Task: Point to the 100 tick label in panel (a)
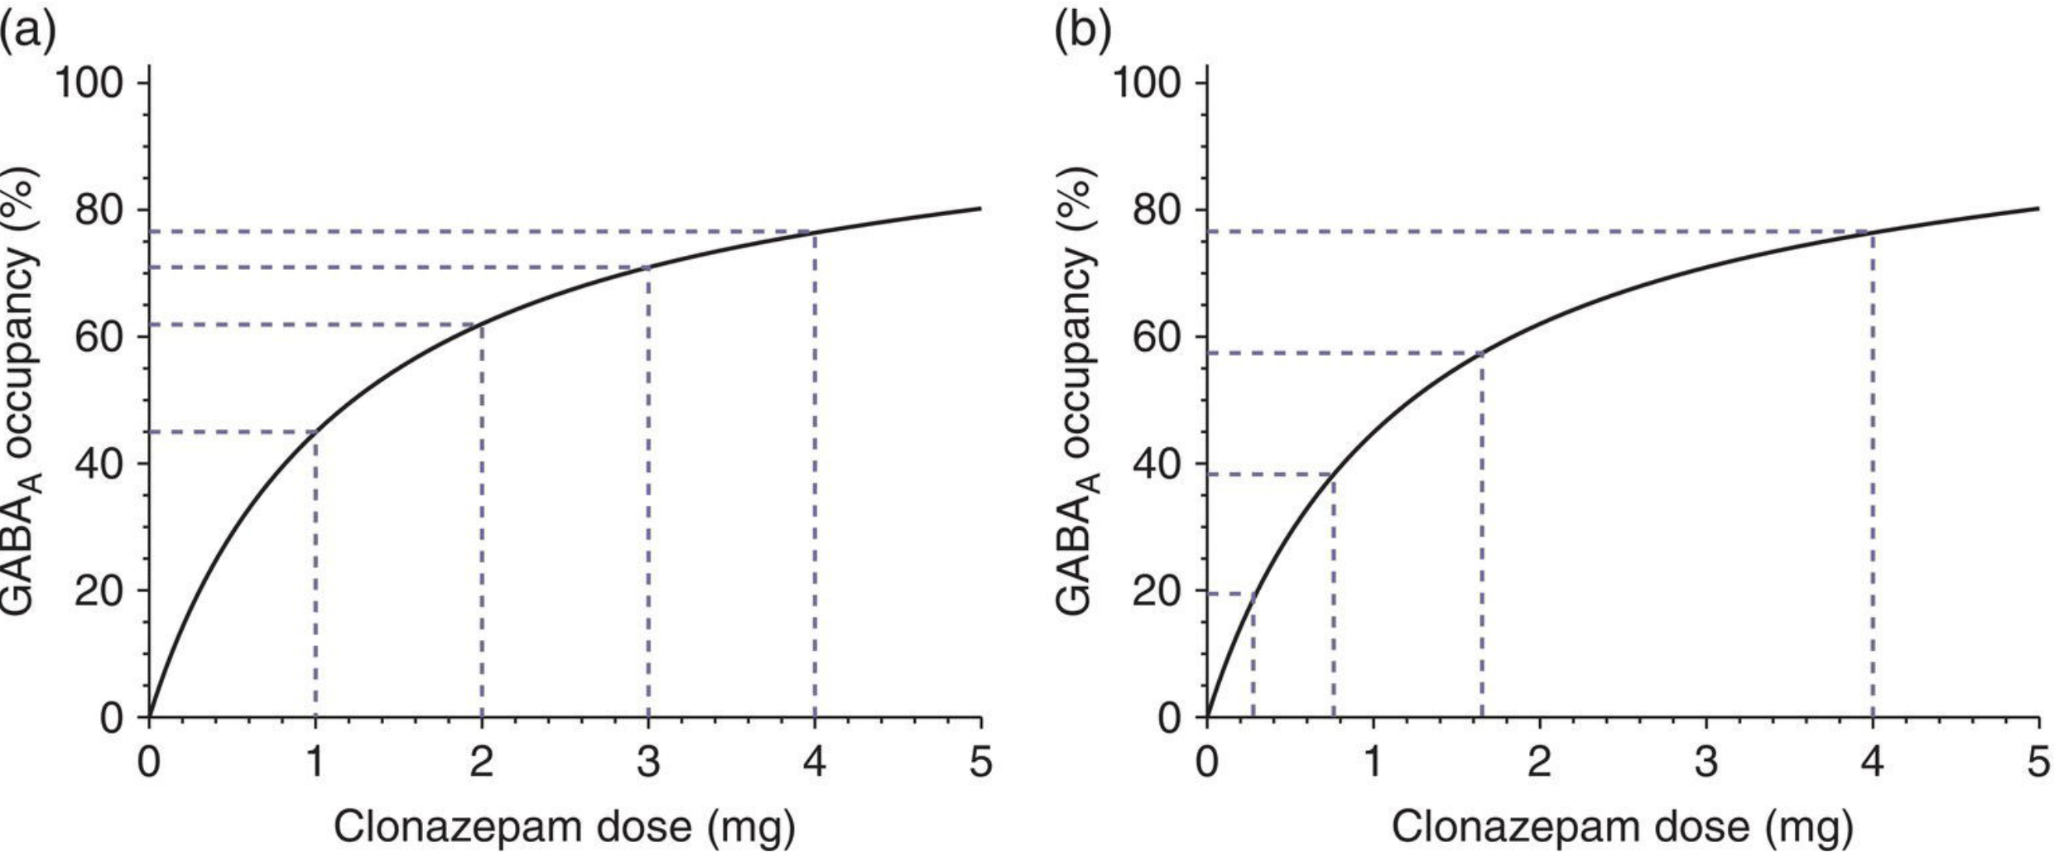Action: (x=90, y=84)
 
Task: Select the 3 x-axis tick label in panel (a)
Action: (x=648, y=761)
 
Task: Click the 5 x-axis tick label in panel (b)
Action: (x=2038, y=761)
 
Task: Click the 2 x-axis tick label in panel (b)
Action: (x=1539, y=761)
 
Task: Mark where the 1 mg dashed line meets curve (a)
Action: (x=316, y=431)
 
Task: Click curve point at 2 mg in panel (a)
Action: (x=482, y=325)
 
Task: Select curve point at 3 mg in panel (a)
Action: (x=648, y=267)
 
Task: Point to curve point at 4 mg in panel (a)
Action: (x=815, y=232)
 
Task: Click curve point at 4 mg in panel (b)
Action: (x=1872, y=232)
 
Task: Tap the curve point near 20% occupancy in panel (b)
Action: (x=1253, y=593)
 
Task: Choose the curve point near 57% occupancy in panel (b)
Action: (x=1481, y=354)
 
